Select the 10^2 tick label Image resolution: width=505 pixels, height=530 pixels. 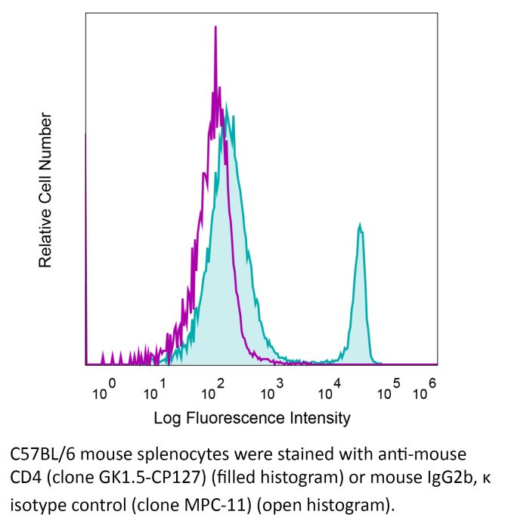coord(214,391)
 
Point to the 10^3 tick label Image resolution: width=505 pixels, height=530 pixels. coord(271,391)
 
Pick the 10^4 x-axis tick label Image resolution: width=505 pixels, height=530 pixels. coord(330,391)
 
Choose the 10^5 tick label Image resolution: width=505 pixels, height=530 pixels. coord(391,391)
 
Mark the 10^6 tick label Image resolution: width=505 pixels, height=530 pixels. coord(426,391)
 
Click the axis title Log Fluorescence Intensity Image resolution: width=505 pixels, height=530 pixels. coord(253,417)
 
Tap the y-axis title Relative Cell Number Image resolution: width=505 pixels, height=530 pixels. coord(46,190)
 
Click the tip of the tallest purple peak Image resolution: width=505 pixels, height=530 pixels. coord(215,27)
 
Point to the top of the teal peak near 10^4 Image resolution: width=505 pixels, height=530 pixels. coord(361,224)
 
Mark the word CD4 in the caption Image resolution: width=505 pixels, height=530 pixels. coord(23,479)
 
